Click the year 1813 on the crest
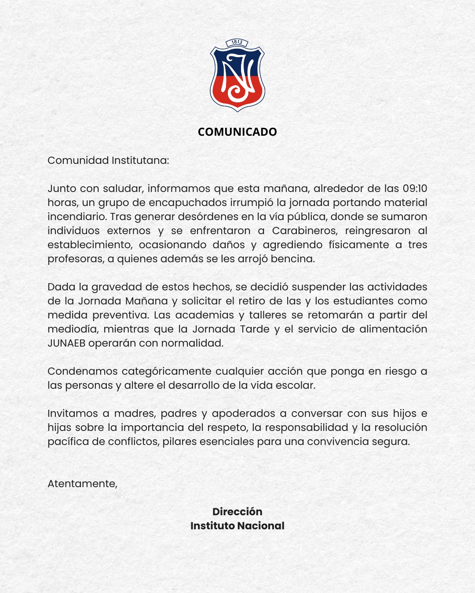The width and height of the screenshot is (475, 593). pyautogui.click(x=237, y=42)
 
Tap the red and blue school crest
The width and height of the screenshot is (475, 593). pyautogui.click(x=237, y=76)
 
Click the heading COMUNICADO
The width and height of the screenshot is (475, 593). pyautogui.click(x=237, y=132)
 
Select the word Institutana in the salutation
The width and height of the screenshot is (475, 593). pyautogui.click(x=139, y=160)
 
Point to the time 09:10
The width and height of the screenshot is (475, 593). pyautogui.click(x=415, y=188)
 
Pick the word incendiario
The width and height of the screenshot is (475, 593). pyautogui.click(x=77, y=217)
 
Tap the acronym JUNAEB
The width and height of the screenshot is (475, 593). pyautogui.click(x=66, y=343)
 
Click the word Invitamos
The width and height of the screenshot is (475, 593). pyautogui.click(x=72, y=413)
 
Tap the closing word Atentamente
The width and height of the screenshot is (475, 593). pyautogui.click(x=82, y=484)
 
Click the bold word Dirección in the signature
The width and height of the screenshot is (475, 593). pyautogui.click(x=237, y=512)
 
